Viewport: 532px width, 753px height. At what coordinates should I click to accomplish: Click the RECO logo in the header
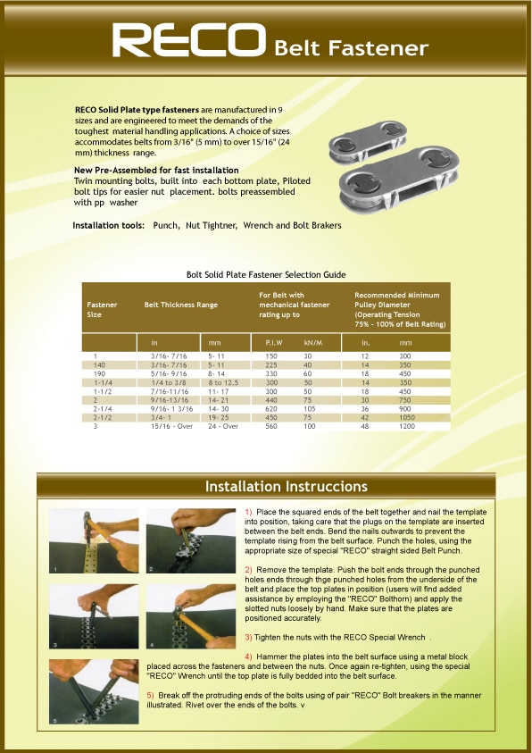[x=189, y=40]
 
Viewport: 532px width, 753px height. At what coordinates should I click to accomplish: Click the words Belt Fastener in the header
[x=351, y=48]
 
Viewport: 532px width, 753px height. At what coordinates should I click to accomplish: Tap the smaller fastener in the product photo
[x=368, y=141]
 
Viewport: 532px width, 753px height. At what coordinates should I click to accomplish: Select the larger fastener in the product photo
[x=399, y=180]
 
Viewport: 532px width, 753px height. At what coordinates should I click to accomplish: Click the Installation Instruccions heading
[x=287, y=487]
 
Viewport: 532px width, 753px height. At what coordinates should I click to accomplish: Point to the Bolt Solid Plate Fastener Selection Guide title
[x=266, y=275]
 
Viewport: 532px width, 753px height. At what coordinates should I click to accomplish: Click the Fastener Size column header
[x=102, y=309]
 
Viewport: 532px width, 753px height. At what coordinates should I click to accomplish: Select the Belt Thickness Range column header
[x=181, y=305]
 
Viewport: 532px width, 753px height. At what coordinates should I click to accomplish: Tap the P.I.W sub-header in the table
[x=274, y=343]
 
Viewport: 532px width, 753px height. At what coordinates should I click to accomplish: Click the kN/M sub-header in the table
[x=313, y=343]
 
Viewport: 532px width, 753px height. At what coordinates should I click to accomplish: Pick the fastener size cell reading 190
[x=100, y=373]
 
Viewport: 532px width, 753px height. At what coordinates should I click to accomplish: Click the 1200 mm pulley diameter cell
[x=407, y=426]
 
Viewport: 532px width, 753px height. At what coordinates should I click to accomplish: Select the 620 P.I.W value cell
[x=271, y=409]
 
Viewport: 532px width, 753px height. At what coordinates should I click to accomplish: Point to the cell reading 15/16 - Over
[x=171, y=426]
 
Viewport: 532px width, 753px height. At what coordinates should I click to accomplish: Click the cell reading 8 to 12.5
[x=223, y=382]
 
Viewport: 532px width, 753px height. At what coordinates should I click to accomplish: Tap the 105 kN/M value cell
[x=310, y=409]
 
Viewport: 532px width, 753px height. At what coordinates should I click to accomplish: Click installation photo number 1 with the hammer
[x=94, y=540]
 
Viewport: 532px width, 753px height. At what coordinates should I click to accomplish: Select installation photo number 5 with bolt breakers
[x=94, y=691]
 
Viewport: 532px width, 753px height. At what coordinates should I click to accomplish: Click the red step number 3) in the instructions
[x=248, y=638]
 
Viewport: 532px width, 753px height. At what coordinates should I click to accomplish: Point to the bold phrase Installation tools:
[x=109, y=225]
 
